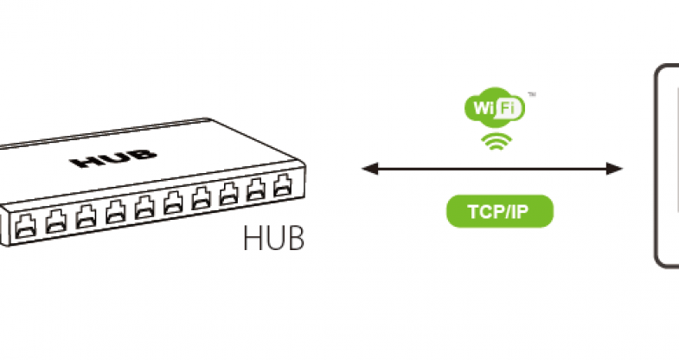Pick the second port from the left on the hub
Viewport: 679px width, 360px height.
pos(54,221)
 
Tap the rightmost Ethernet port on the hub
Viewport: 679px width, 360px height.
pos(282,185)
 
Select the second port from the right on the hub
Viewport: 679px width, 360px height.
pos(256,190)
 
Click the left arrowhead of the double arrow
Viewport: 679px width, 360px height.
pos(367,167)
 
